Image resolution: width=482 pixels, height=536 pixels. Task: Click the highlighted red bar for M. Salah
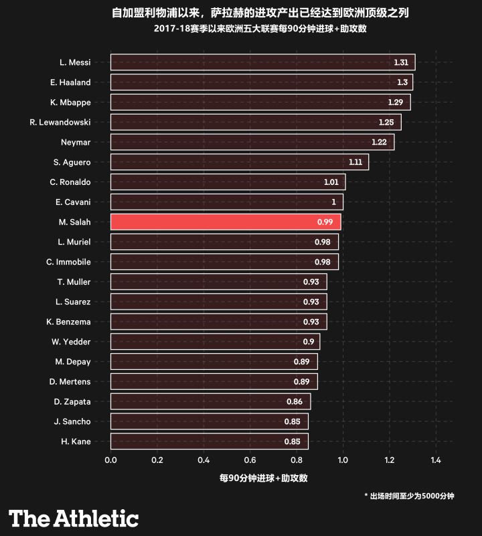coord(226,222)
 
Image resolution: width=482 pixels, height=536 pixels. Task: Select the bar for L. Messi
coord(262,62)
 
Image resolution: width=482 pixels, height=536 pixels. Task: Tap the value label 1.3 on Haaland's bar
coord(402,82)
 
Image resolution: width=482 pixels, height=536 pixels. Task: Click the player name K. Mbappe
coord(70,103)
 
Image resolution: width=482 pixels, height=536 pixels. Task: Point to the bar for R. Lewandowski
coord(256,122)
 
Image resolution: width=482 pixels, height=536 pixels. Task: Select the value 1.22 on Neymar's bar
coord(379,142)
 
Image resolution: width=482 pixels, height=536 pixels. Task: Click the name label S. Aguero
coord(72,162)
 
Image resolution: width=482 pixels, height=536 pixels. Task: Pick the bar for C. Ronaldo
coord(228,182)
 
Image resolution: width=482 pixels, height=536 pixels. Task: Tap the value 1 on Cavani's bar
coord(333,202)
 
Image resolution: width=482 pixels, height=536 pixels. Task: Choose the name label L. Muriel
coord(74,242)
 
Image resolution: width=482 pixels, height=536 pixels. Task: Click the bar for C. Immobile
coord(224,262)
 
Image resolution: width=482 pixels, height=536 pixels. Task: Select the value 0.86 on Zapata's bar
coord(295,402)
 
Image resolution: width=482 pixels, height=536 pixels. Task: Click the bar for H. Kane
coord(209,442)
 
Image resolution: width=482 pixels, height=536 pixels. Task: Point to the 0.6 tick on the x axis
coord(250,460)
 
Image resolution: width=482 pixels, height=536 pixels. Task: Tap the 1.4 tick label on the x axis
coord(436,460)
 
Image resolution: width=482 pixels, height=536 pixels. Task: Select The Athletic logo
coord(74,518)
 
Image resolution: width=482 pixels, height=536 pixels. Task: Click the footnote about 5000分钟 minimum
coord(409,496)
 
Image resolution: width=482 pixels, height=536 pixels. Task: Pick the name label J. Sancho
coord(72,421)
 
